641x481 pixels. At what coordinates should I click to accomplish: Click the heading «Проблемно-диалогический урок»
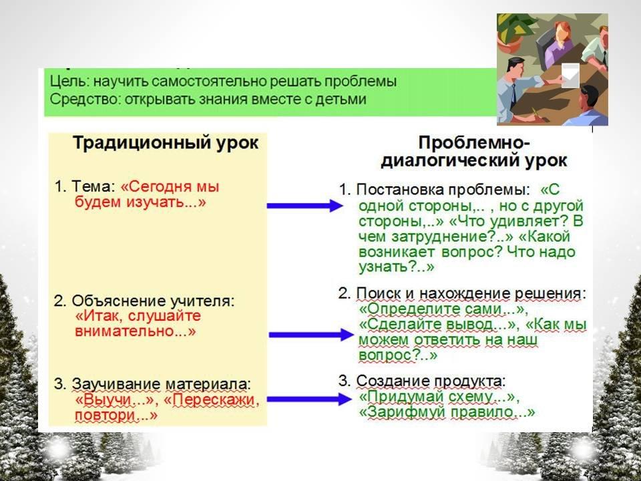pos(474,152)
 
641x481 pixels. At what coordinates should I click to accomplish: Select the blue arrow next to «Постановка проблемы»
pos(305,206)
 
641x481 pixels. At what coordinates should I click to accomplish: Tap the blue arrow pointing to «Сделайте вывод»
pos(311,335)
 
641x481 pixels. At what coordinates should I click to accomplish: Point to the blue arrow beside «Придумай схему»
pos(309,399)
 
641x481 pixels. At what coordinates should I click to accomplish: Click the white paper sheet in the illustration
pos(570,75)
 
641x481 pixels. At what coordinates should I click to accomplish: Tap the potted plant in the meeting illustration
pos(512,32)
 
